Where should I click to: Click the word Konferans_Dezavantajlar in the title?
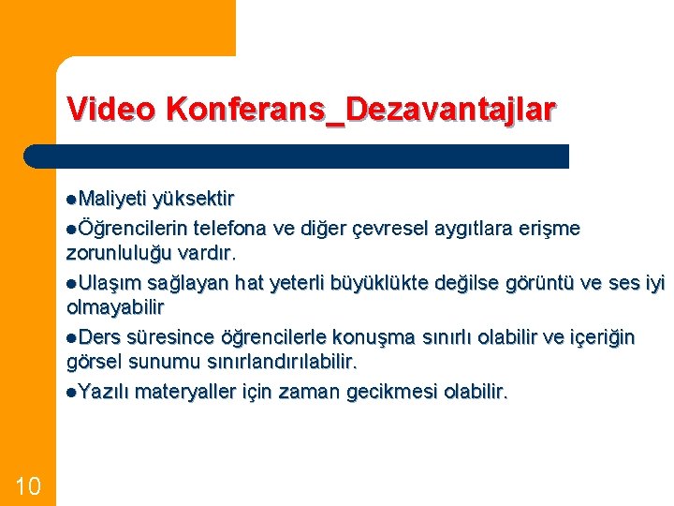[x=360, y=110]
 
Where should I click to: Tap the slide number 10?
[x=28, y=484]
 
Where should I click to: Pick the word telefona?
[x=230, y=228]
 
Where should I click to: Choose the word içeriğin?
[x=598, y=336]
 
